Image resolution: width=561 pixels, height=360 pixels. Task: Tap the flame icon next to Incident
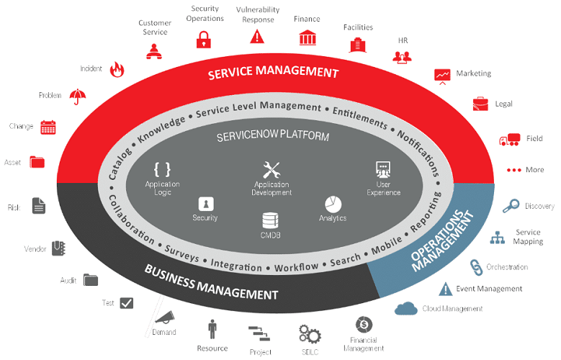[x=117, y=69]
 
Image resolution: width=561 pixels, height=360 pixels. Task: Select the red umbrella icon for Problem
[x=78, y=95]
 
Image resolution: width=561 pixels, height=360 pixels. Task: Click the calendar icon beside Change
[x=48, y=127]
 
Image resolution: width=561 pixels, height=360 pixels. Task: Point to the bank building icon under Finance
[x=307, y=37]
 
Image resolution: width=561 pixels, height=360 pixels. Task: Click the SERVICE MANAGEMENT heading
[x=273, y=73]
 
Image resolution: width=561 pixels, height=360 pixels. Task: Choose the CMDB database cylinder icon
[x=270, y=220]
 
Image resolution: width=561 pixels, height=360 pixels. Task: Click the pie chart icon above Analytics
[x=333, y=204]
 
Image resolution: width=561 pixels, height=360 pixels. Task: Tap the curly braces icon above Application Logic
[x=163, y=169]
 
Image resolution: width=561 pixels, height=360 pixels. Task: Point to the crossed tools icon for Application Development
[x=271, y=171]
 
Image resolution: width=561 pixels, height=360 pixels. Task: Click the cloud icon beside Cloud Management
[x=406, y=308]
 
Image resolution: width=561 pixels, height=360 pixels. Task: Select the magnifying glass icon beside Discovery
[x=511, y=206]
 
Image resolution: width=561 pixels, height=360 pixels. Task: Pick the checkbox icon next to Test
[x=127, y=303]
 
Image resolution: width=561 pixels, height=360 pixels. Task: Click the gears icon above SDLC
[x=310, y=333]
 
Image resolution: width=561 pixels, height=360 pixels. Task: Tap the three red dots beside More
[x=513, y=170]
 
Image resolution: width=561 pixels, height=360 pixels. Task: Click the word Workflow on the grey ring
[x=297, y=267]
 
